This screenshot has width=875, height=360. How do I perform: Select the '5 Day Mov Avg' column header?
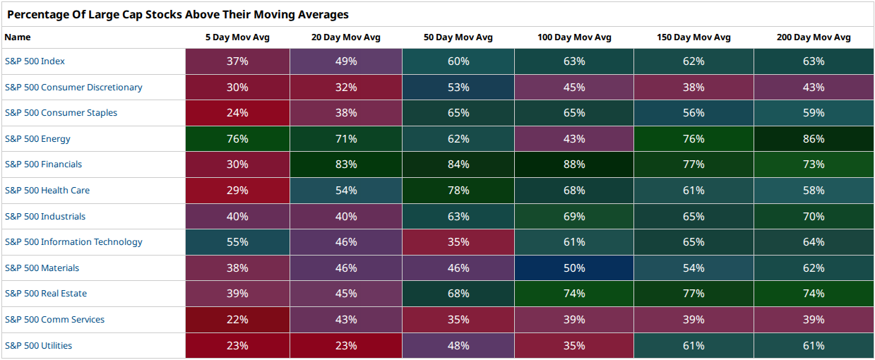[x=237, y=37]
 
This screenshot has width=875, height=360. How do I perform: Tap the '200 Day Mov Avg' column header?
[x=814, y=37]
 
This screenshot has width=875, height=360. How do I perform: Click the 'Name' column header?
[x=18, y=37]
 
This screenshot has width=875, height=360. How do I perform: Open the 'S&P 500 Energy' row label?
[x=37, y=139]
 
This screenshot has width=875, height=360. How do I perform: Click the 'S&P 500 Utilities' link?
[x=38, y=346]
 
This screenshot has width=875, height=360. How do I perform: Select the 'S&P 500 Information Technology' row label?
[x=73, y=242]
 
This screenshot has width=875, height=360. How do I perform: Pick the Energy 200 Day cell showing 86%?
[x=814, y=138]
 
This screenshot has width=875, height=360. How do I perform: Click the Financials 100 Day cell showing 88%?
[x=574, y=164]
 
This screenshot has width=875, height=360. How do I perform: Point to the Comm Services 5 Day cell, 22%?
[x=237, y=320]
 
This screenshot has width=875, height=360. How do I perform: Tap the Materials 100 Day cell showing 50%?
[x=574, y=268]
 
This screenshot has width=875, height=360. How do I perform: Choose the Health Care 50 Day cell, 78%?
[x=458, y=191]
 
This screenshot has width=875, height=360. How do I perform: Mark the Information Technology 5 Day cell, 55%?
[x=237, y=242]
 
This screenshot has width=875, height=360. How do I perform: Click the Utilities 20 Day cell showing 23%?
[x=346, y=346]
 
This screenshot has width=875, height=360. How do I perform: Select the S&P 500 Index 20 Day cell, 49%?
[x=346, y=61]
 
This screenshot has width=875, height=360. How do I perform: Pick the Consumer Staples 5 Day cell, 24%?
[x=237, y=113]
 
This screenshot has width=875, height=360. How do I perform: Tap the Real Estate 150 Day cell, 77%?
[x=694, y=294]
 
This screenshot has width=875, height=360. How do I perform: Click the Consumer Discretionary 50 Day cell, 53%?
[x=458, y=87]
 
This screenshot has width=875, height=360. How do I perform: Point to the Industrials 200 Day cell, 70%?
[x=814, y=216]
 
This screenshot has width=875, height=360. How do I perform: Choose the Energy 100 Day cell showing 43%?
[x=574, y=138]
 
